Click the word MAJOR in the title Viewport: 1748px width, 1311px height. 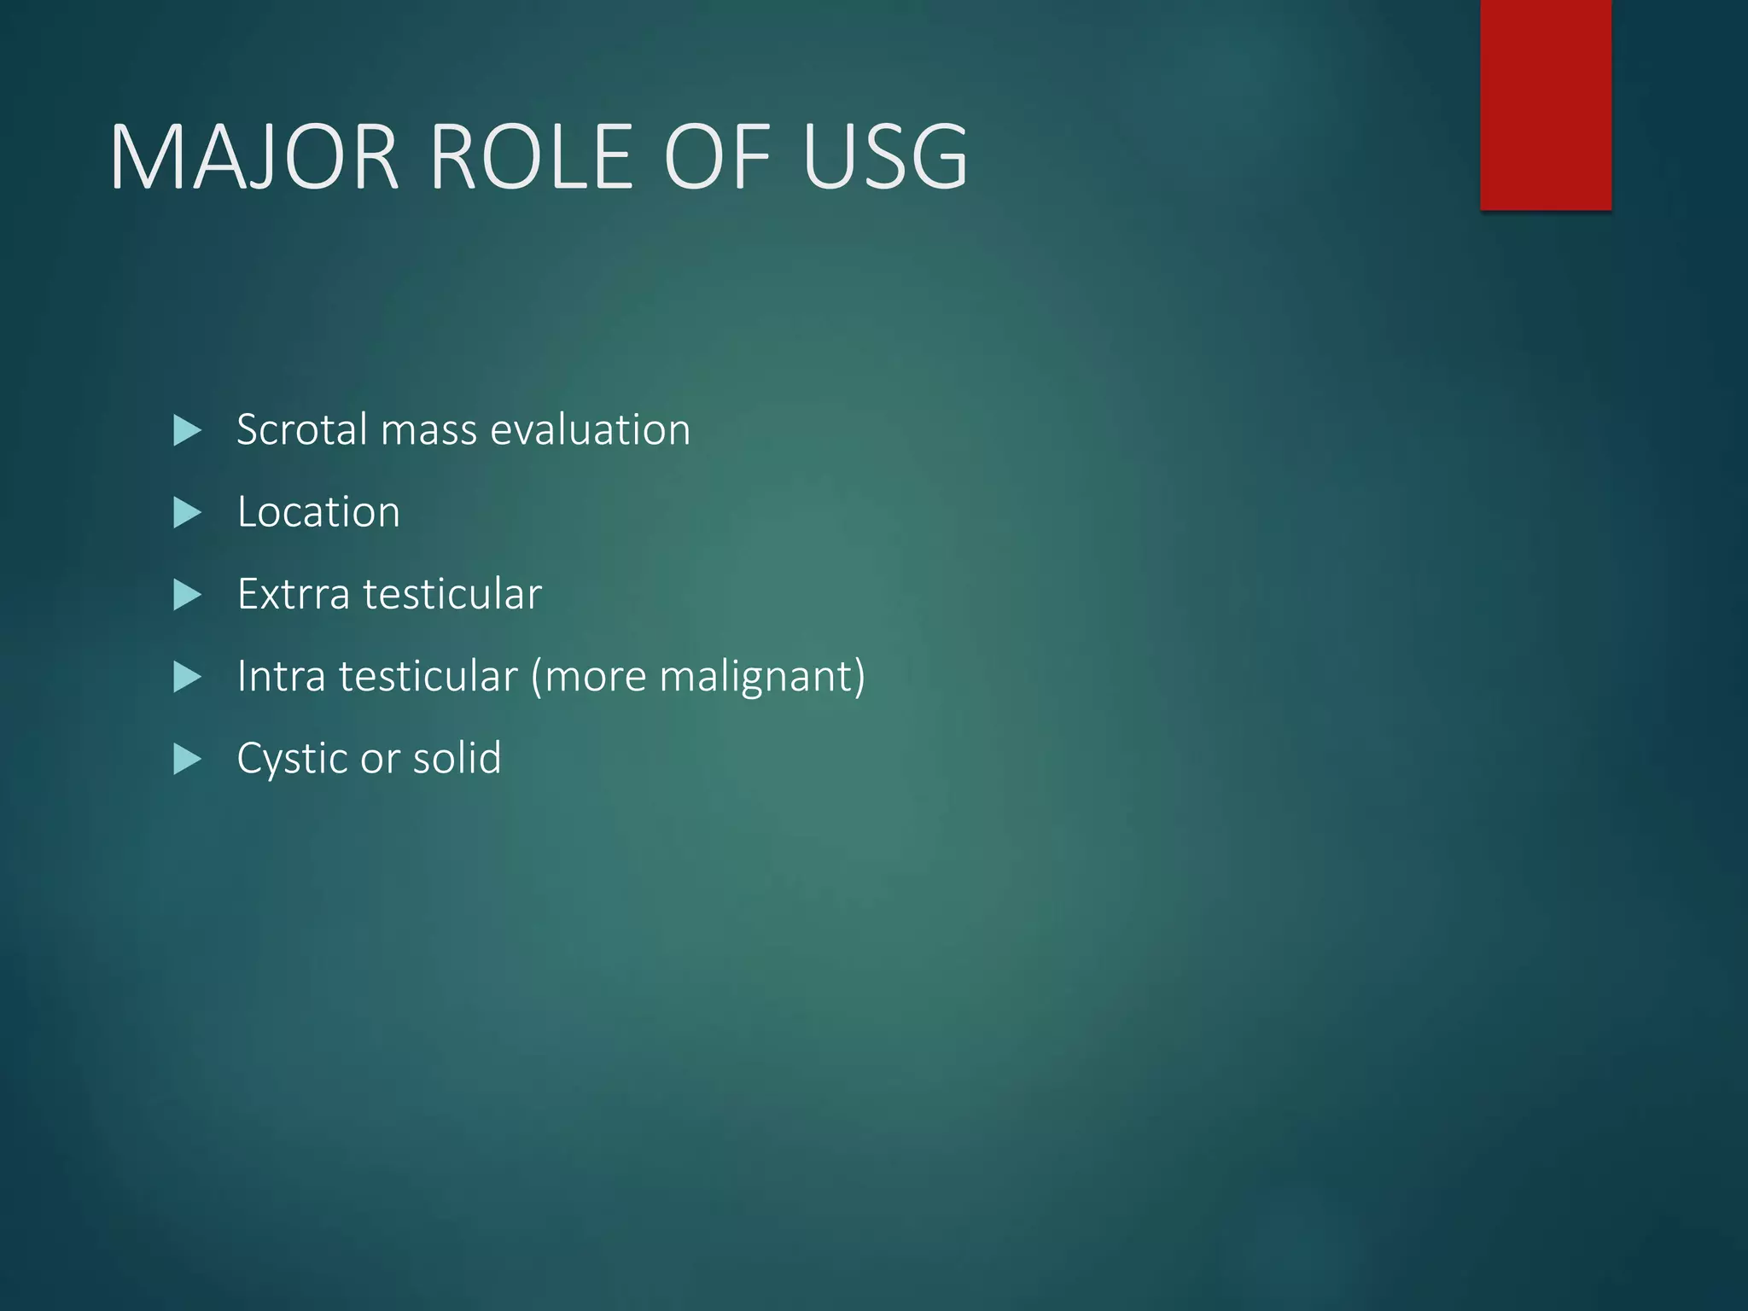coord(254,158)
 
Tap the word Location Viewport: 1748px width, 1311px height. coord(318,512)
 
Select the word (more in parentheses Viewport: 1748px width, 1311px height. coord(589,677)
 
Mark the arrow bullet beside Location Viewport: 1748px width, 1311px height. coord(186,513)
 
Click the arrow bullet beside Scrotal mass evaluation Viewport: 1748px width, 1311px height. coord(186,430)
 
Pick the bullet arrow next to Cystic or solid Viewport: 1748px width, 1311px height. coord(186,759)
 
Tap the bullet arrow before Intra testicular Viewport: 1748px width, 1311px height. coord(186,677)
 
